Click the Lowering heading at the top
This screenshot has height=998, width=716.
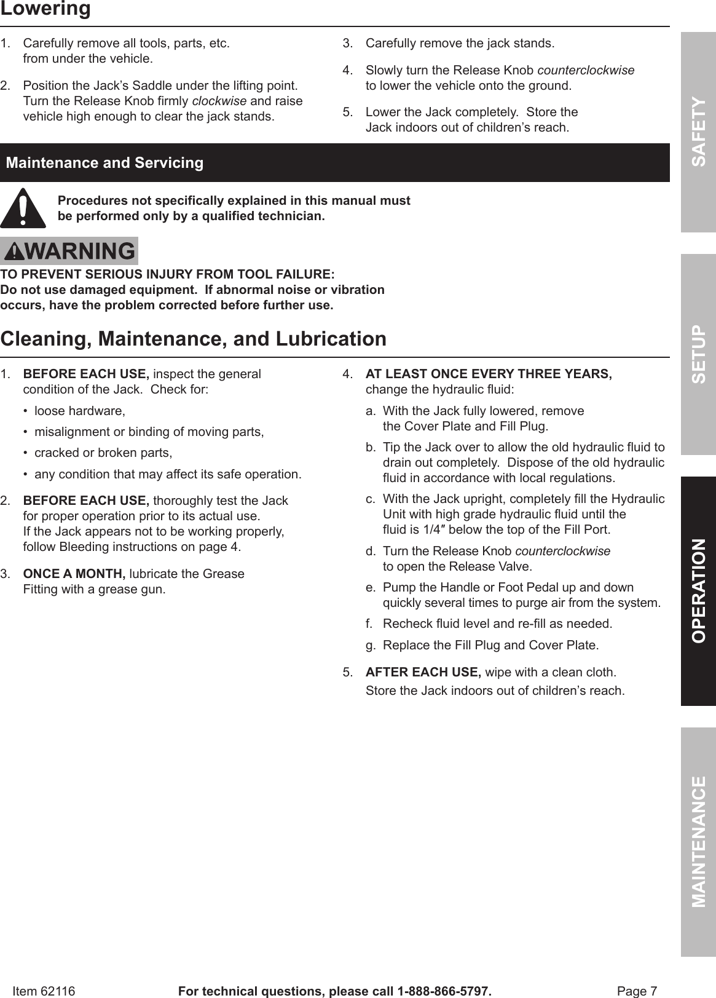(45, 10)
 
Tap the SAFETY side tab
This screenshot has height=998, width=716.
(698, 131)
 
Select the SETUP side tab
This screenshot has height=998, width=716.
(698, 354)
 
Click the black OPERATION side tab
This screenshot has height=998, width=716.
(698, 590)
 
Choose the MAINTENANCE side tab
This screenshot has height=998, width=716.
(698, 841)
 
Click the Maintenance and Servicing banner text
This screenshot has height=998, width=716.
(104, 163)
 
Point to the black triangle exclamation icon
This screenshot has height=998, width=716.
(23, 208)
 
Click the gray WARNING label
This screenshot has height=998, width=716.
(69, 251)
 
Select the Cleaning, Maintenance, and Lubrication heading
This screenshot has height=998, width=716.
(194, 339)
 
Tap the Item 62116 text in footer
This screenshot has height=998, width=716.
(44, 991)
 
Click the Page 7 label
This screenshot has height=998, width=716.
(637, 991)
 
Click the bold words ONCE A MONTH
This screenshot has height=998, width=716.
(74, 574)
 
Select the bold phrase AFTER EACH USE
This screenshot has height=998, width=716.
(423, 672)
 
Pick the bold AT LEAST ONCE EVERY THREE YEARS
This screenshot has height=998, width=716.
(488, 374)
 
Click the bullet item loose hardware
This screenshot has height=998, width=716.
(79, 411)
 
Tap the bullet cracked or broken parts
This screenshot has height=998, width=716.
(103, 453)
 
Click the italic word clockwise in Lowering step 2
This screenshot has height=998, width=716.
(219, 101)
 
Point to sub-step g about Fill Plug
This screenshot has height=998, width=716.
(490, 645)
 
